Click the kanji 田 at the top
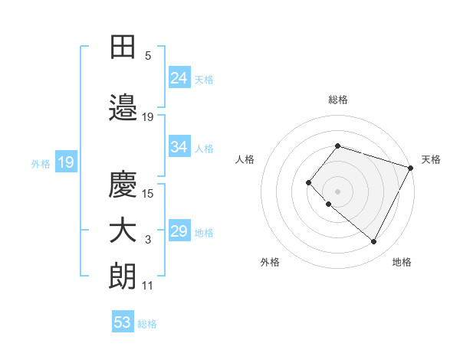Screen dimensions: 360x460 [x=123, y=47]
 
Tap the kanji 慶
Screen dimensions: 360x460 [x=123, y=185]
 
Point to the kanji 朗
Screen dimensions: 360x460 [x=123, y=277]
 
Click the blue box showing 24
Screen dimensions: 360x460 [x=179, y=77]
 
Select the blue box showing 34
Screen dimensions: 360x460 [x=179, y=147]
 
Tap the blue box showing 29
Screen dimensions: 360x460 [x=179, y=231]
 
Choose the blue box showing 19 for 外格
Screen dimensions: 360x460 [x=65, y=162]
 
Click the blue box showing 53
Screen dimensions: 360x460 [x=123, y=322]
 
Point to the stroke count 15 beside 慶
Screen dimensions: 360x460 [x=148, y=193]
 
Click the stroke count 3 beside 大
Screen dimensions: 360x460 [x=148, y=241]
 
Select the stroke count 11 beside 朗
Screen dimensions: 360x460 [x=148, y=286]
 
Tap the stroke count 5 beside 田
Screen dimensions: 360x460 [x=148, y=56]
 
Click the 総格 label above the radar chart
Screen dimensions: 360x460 [x=337, y=100]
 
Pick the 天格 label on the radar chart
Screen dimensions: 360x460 [x=431, y=159]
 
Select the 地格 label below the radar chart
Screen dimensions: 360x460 [x=402, y=262]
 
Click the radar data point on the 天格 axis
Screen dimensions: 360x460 [x=410, y=168]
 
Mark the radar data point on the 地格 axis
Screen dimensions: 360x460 [x=373, y=242]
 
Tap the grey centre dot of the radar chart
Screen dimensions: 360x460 [x=337, y=191]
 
